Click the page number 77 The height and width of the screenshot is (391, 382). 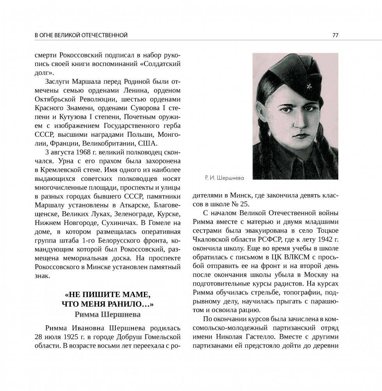(x=335, y=35)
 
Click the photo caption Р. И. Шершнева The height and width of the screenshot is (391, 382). (x=224, y=178)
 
